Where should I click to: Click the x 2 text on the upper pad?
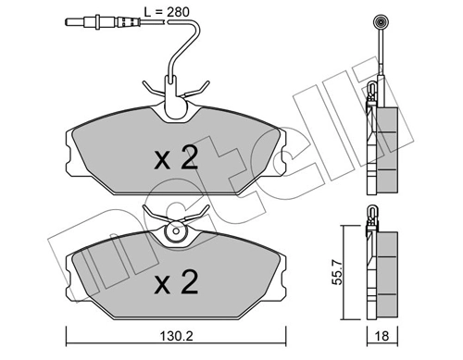point(175,158)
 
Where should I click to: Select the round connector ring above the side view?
point(379,23)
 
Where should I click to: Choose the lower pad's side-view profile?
point(382,273)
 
